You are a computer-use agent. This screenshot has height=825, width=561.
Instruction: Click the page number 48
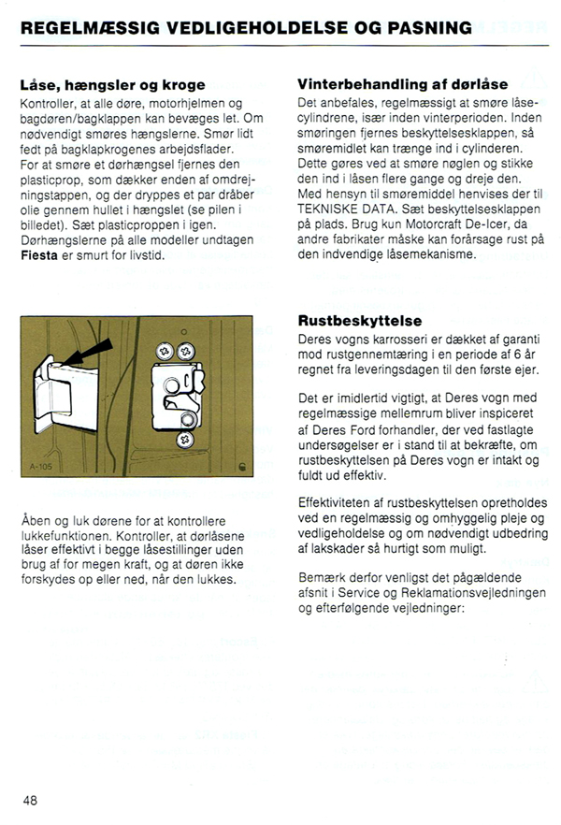pyautogui.click(x=31, y=801)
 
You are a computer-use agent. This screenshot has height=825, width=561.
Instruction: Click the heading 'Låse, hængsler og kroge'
pyautogui.click(x=111, y=84)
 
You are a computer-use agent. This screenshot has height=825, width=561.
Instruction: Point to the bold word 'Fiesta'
pyautogui.click(x=39, y=254)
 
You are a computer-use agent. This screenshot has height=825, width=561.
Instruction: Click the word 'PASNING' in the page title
pyautogui.click(x=429, y=28)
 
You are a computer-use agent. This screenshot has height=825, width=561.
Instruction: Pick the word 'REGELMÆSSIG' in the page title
pyautogui.click(x=79, y=28)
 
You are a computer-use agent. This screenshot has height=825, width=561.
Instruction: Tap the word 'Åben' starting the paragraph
pyautogui.click(x=36, y=520)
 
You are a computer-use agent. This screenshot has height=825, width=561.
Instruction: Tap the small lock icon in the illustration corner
pyautogui.click(x=242, y=464)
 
